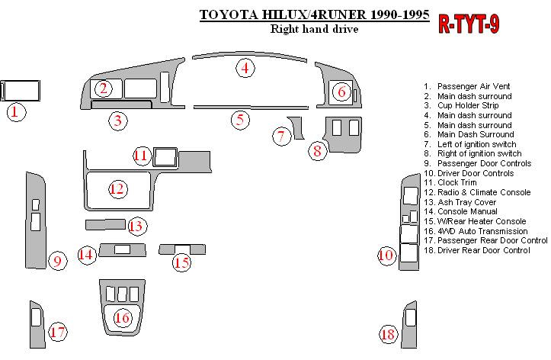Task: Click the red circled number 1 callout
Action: pyautogui.click(x=16, y=113)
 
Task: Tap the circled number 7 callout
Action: pyautogui.click(x=281, y=137)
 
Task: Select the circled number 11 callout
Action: pyautogui.click(x=141, y=156)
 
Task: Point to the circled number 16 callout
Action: pyautogui.click(x=122, y=317)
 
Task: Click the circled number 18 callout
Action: pyautogui.click(x=388, y=334)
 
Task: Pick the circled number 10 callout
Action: pyautogui.click(x=386, y=255)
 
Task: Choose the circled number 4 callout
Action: pyautogui.click(x=245, y=68)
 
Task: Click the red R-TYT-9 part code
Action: pyautogui.click(x=469, y=24)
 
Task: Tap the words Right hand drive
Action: pyautogui.click(x=314, y=30)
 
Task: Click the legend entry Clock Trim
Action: pyautogui.click(x=460, y=182)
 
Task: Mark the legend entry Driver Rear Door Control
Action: pyautogui.click(x=483, y=249)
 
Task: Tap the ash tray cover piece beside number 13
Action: pyautogui.click(x=104, y=224)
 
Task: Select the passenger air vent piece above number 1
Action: pyautogui.click(x=21, y=90)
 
